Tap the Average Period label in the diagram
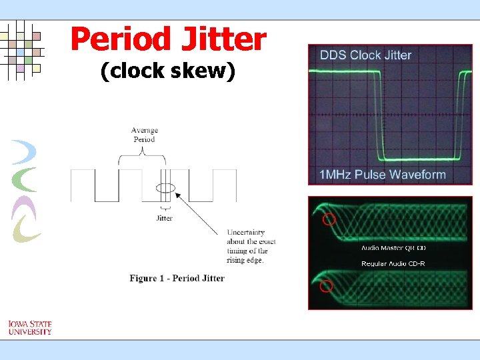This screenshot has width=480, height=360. pos(144,135)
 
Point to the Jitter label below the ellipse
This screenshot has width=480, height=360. pos(164,218)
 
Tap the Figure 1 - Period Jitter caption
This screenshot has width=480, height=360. pos(177,278)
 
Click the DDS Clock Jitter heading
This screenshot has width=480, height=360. pos(365,55)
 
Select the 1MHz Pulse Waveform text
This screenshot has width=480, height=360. pos(383,175)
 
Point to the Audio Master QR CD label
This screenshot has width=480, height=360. pos(393,248)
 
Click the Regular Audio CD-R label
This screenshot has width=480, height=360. pos(393,264)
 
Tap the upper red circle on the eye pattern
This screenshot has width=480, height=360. pos(327,219)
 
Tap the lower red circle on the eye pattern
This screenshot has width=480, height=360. pos(326,286)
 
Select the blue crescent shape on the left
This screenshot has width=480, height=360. pos(25,152)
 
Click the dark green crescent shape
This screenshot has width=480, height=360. pos(27,180)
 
